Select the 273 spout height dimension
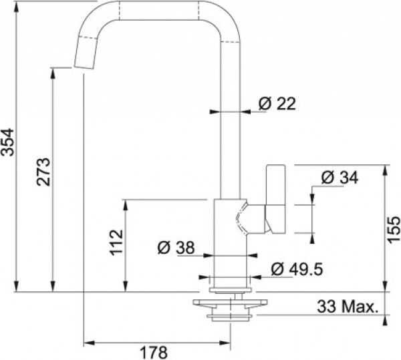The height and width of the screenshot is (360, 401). tap(43, 172)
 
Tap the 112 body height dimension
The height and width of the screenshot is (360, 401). tap(116, 242)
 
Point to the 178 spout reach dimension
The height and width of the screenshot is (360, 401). tap(154, 353)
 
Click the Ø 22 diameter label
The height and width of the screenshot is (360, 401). tap(277, 104)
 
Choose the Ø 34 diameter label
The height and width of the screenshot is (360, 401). tap(340, 178)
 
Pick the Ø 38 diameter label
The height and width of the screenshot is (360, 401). tap(176, 248)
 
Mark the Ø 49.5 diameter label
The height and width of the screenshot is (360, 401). tap(297, 269)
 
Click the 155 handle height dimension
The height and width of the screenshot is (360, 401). tap(393, 230)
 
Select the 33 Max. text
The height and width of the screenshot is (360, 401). tap(348, 307)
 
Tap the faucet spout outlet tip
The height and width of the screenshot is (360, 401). tap(84, 67)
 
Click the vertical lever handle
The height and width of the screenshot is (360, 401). tap(275, 199)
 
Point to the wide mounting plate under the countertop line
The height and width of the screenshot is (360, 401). tap(230, 303)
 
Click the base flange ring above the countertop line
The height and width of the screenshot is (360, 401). tap(231, 290)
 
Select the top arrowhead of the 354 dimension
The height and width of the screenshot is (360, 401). tap(16, 8)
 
